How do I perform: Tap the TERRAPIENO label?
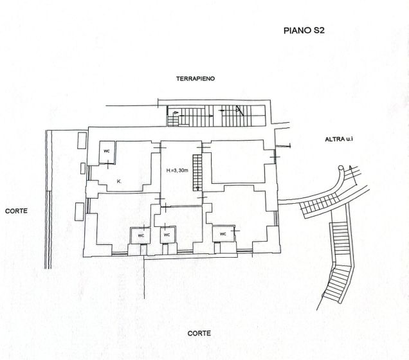click(x=196, y=78)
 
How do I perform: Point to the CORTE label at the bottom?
click(x=199, y=333)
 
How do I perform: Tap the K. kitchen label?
click(x=120, y=182)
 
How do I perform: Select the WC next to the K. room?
click(x=107, y=151)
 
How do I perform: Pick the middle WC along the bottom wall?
click(x=167, y=235)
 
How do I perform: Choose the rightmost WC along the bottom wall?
click(x=223, y=233)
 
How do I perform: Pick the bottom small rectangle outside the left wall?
click(x=79, y=210)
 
